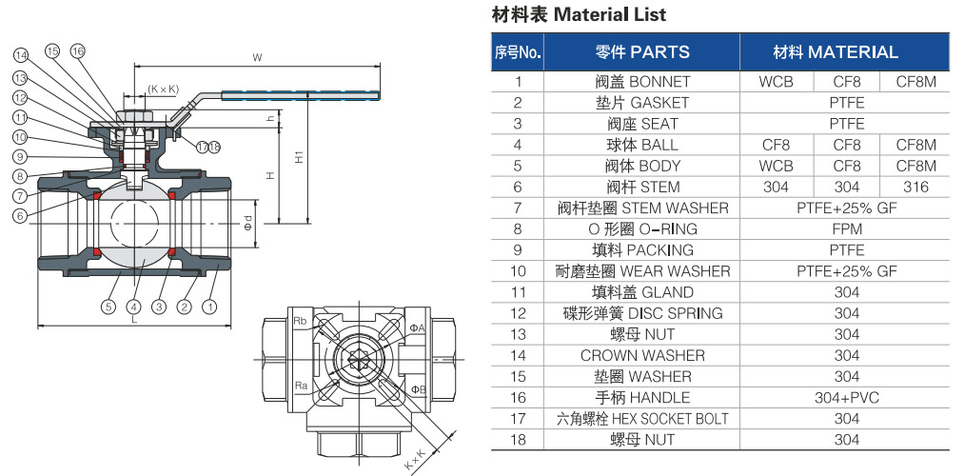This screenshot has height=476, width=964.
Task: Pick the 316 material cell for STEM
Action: [x=915, y=187]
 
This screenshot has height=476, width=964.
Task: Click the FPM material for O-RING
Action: [x=847, y=229]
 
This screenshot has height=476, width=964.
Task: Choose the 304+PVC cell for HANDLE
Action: [x=847, y=398]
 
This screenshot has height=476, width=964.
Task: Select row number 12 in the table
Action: [x=518, y=313]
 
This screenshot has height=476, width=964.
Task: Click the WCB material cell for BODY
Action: [x=776, y=166]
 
